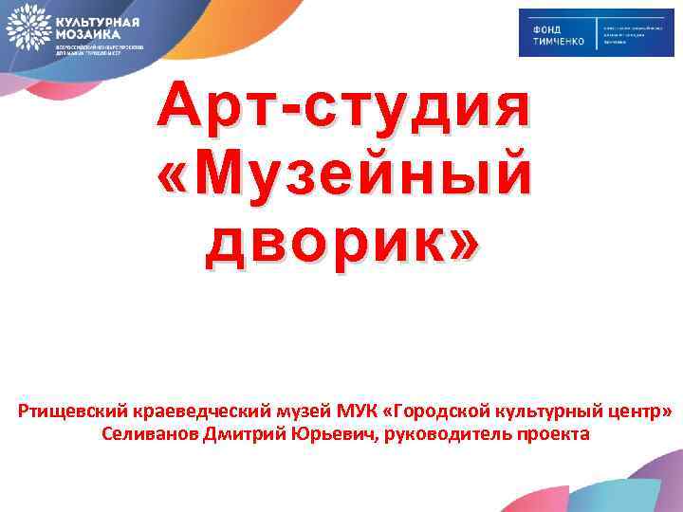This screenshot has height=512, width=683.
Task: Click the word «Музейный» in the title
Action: coord(342,173)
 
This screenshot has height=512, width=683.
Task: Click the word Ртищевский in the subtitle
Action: coord(65,411)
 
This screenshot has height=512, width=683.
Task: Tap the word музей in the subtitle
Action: coord(279,411)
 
